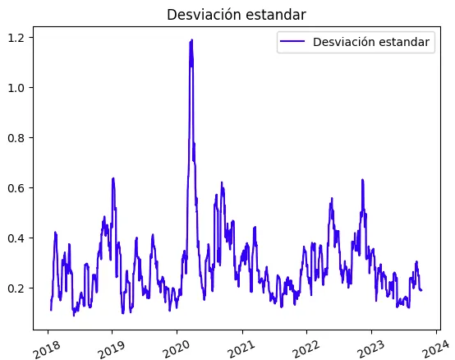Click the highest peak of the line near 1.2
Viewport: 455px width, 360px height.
[x=191, y=39]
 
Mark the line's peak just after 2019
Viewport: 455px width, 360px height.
[x=113, y=178]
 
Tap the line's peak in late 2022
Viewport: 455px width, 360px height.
[x=362, y=179]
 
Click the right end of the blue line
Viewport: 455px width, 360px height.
[x=421, y=290]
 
